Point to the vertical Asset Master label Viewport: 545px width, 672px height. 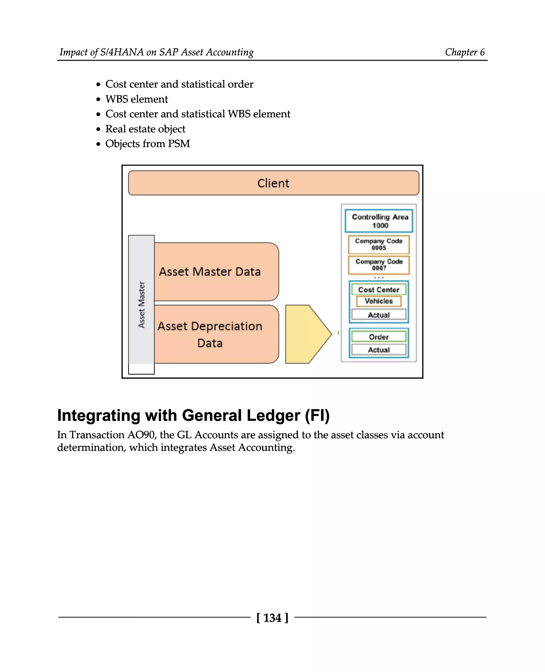pos(142,305)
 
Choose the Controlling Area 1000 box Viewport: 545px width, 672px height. pos(379,221)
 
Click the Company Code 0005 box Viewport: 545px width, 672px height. pos(379,244)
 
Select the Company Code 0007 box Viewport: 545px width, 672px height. pos(379,265)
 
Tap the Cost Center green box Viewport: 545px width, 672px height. pos(379,290)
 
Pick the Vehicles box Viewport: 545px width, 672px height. pos(379,301)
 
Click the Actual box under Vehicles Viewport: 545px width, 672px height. pos(379,315)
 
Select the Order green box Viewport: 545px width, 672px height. pos(379,337)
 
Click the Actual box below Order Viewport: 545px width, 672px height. pos(379,350)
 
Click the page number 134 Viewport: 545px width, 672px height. pos(272,618)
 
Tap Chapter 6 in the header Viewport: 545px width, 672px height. pos(465,52)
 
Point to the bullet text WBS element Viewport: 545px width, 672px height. pos(137,99)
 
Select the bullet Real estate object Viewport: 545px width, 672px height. pos(145,129)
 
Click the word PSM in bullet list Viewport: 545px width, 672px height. pos(179,144)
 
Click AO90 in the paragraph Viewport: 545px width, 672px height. pos(141,435)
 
